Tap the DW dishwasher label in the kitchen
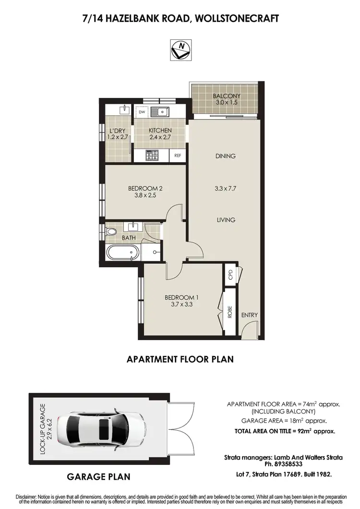142,112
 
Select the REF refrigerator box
178,155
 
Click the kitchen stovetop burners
152,155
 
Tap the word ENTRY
250,315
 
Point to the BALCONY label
227,96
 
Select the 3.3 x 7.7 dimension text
226,189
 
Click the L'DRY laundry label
118,130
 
